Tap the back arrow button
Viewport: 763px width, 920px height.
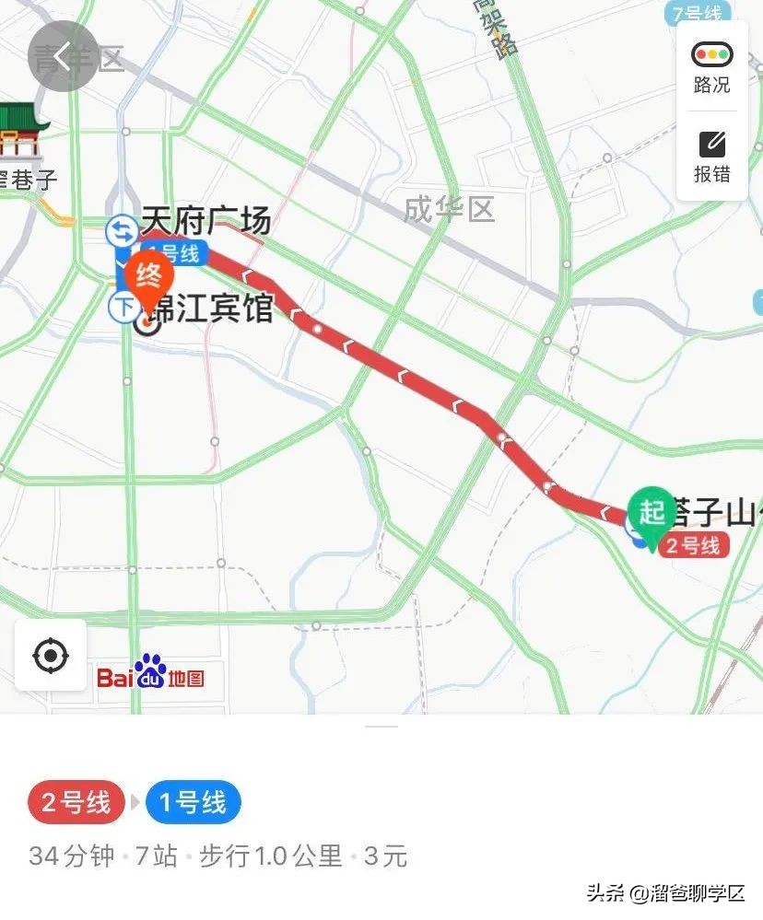[x=63, y=56]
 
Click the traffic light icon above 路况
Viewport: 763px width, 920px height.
[x=711, y=54]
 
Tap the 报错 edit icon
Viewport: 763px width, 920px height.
[x=711, y=144]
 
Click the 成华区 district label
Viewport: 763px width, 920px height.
[x=449, y=209]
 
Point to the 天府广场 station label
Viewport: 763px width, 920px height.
[x=205, y=222]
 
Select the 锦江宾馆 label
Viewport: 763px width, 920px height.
[x=219, y=308]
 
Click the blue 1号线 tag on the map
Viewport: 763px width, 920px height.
[x=171, y=253]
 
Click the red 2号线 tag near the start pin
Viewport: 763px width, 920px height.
[x=693, y=545]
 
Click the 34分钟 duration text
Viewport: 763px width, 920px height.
[x=72, y=856]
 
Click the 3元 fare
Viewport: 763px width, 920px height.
[x=385, y=856]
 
